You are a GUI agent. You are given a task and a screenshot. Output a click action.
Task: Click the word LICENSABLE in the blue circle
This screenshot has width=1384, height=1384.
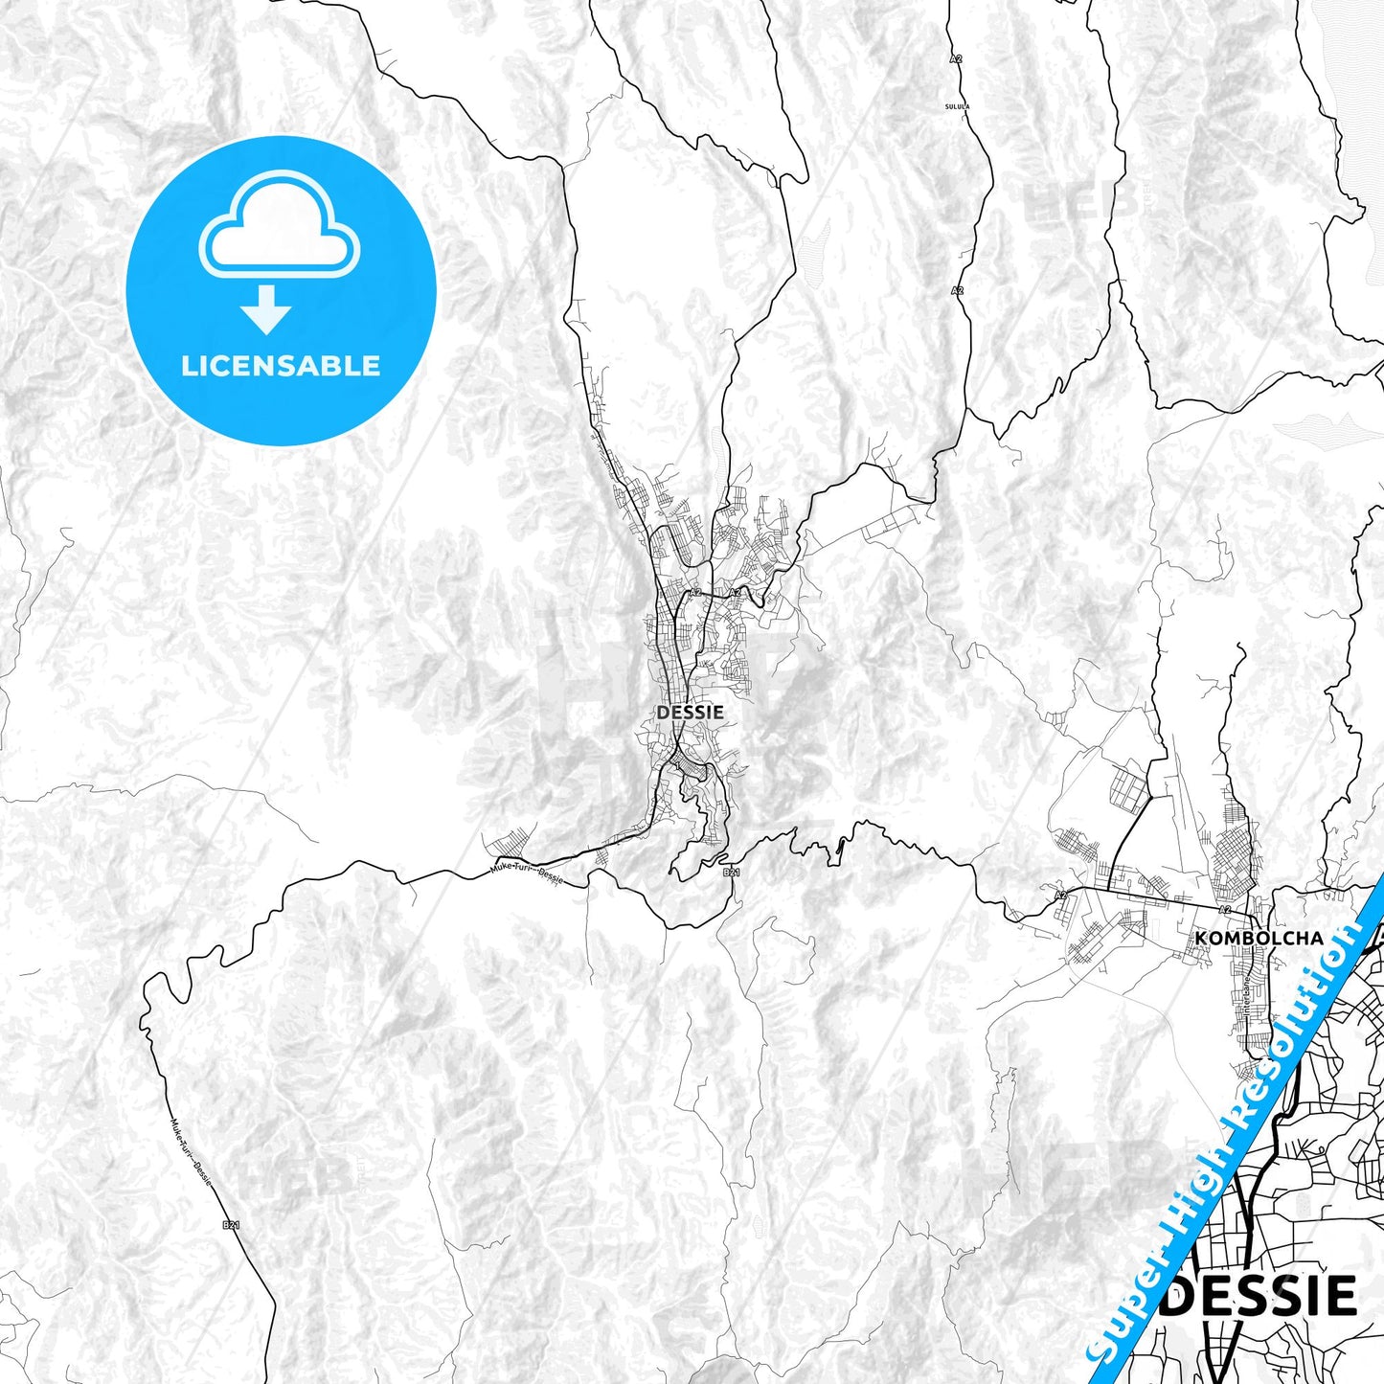point(281,366)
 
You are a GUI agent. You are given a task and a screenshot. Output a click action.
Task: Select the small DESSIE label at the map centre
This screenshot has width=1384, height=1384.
point(690,713)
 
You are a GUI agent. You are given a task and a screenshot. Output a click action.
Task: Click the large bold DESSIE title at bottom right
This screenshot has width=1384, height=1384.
point(1262,1297)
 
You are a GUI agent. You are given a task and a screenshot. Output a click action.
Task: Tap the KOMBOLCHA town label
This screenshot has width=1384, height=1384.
point(1259,938)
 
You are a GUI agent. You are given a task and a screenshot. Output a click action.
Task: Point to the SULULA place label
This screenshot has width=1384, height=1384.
point(957,106)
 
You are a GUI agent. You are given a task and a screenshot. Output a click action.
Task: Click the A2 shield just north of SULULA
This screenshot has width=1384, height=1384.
point(956,58)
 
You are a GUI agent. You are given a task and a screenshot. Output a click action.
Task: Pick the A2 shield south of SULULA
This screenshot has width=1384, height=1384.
point(957,289)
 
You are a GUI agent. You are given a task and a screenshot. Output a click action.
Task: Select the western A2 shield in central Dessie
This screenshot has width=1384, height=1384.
point(695,594)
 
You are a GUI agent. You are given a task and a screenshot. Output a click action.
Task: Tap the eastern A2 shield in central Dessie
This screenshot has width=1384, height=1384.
point(735,594)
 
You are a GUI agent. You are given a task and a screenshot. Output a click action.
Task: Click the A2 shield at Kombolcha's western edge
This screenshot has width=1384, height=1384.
point(1060,896)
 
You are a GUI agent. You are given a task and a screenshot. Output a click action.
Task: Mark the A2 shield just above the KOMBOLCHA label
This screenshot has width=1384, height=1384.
point(1224,910)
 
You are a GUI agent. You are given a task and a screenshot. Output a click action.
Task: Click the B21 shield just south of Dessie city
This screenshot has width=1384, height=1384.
point(731,873)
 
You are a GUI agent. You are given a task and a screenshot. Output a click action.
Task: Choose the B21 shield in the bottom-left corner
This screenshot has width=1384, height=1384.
point(230,1224)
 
